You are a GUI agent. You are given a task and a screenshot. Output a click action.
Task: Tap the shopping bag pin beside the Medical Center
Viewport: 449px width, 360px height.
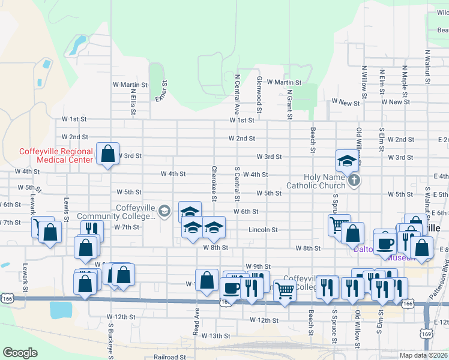(107, 154)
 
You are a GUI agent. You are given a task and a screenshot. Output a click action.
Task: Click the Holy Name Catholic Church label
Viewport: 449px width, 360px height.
(317, 181)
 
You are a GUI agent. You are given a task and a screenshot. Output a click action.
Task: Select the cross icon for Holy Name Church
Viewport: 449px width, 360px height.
(354, 180)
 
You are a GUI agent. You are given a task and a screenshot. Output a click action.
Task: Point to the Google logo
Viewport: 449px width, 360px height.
(20, 353)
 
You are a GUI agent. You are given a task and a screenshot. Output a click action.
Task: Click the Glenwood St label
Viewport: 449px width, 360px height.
(259, 94)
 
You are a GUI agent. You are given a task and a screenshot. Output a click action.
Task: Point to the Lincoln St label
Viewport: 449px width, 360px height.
(264, 229)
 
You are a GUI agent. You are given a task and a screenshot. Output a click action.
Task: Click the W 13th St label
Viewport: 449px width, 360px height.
(215, 336)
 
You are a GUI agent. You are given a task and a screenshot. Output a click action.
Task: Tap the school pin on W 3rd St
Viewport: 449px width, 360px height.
(347, 161)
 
